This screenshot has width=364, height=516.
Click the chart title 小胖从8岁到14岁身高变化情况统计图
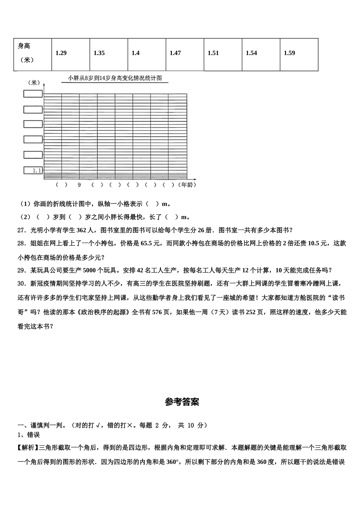pyautogui.click(x=115, y=78)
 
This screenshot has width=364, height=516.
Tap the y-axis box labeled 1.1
pyautogui.click(x=33, y=170)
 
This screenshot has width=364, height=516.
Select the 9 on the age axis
pyautogui.click(x=79, y=185)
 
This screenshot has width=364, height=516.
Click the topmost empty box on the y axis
pyautogui.click(x=33, y=94)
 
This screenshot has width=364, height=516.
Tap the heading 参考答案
pyautogui.click(x=182, y=402)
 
